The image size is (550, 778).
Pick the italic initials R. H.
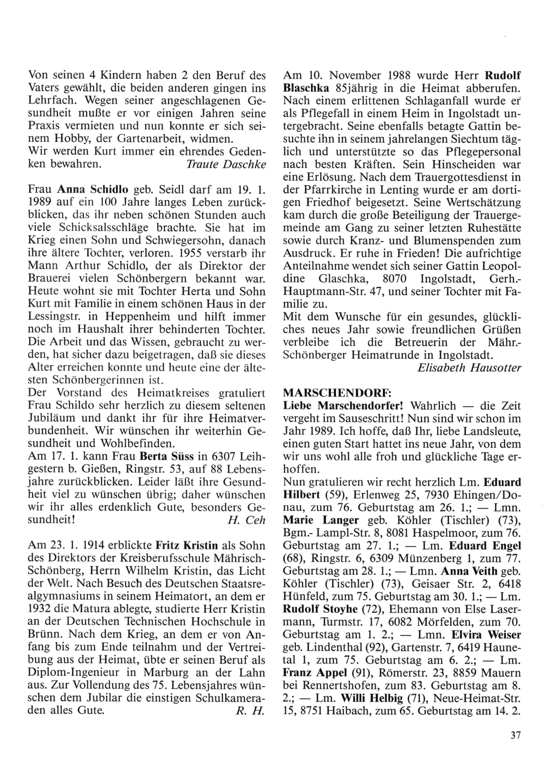(x=248, y=710)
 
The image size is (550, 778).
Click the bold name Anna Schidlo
(x=91, y=190)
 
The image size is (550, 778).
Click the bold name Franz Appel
(x=314, y=672)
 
